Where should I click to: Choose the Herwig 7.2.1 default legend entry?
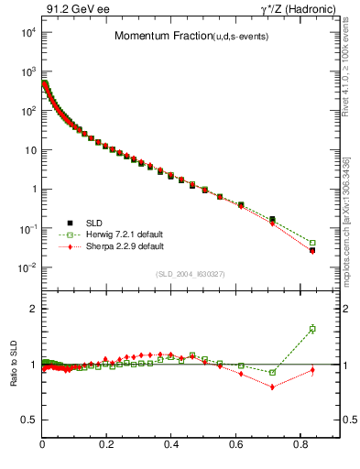tap(115, 234)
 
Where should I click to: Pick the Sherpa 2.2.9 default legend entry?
tap(114, 246)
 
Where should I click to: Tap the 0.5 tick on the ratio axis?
tap(28, 420)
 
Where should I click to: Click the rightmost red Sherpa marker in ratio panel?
tap(312, 370)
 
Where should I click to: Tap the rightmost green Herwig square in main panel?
tap(312, 243)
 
